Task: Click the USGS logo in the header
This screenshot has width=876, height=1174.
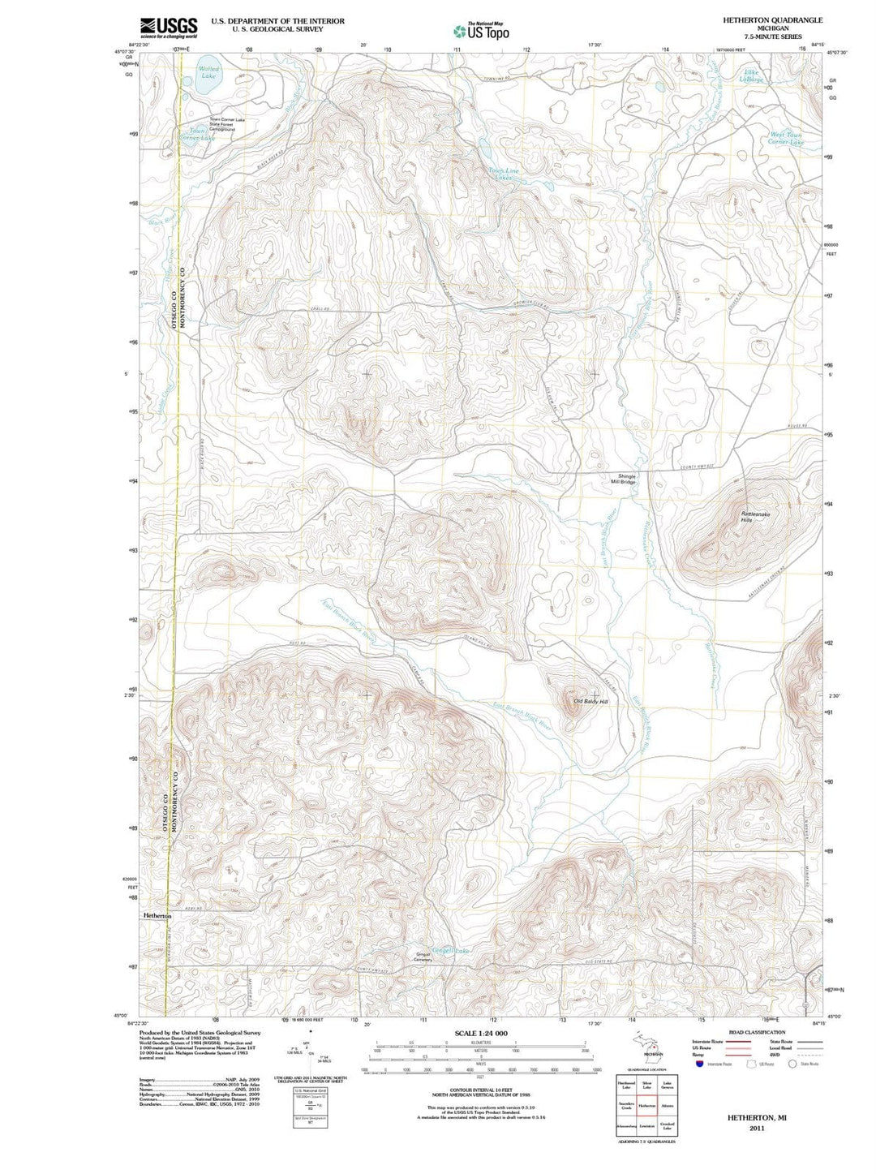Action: [169, 28]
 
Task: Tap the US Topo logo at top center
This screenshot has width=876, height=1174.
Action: [482, 31]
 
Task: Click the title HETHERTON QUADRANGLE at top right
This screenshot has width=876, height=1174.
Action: [761, 19]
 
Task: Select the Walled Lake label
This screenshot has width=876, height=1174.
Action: [208, 72]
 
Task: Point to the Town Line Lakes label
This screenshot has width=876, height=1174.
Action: [504, 174]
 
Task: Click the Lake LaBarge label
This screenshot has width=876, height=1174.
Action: [754, 76]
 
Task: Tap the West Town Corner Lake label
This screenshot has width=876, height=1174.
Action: [786, 139]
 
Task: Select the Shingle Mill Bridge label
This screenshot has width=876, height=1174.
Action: [627, 479]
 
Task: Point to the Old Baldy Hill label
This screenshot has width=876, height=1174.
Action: [590, 701]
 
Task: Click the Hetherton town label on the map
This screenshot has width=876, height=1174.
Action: [157, 915]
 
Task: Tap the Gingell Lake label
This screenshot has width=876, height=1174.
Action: [451, 950]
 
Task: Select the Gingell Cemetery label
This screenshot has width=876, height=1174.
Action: [423, 957]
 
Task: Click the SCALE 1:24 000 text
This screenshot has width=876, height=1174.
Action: [481, 1033]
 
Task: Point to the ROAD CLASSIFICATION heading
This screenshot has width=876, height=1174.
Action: [757, 1032]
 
